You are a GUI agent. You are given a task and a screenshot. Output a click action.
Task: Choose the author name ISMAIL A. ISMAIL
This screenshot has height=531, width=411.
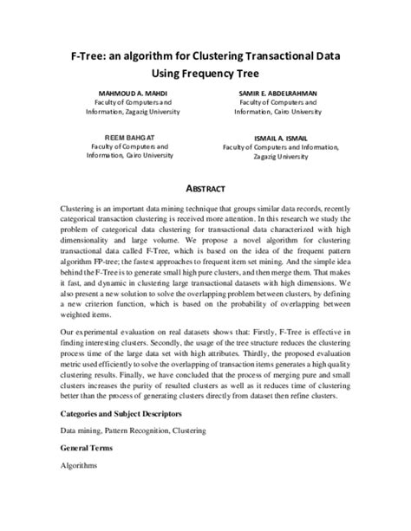point(280,138)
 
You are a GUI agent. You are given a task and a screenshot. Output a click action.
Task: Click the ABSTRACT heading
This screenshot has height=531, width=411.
point(205,189)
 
